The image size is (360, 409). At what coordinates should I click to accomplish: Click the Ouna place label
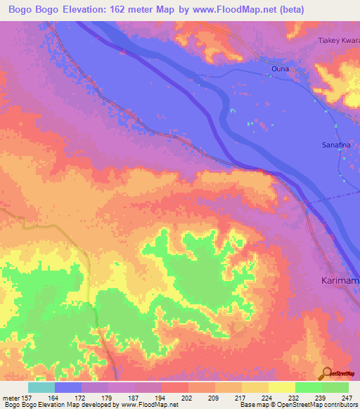pos(280,68)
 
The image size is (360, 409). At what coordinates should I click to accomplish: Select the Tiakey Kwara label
pos(337,39)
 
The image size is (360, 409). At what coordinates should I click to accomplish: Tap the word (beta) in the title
pos(340,11)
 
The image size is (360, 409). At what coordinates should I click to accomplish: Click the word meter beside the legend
pos(11,398)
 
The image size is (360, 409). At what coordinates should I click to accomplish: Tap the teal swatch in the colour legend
pos(41,387)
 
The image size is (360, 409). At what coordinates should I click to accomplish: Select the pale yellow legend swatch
pos(282,387)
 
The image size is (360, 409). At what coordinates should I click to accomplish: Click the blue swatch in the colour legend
pos(68,387)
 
